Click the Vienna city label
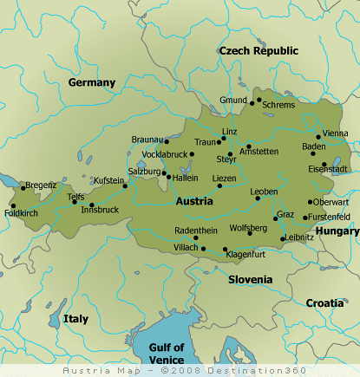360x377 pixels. click(x=335, y=133)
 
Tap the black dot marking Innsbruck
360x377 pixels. click(x=92, y=205)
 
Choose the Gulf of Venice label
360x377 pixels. click(x=166, y=353)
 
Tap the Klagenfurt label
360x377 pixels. click(x=245, y=255)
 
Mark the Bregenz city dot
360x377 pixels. click(x=23, y=186)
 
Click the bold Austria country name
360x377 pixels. click(x=194, y=201)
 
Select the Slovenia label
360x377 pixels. click(x=250, y=280)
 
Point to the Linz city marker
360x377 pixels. click(x=222, y=139)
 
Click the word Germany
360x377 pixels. click(x=92, y=83)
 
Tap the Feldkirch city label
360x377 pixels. click(x=22, y=212)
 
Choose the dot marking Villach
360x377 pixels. click(x=204, y=249)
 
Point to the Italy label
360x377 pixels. click(x=75, y=319)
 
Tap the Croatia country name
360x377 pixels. click(x=324, y=303)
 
